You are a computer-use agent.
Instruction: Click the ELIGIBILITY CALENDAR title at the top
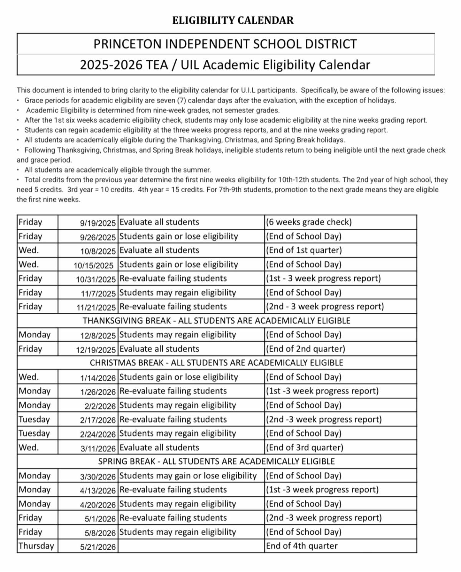(233, 20)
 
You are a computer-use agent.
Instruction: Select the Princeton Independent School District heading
(225, 44)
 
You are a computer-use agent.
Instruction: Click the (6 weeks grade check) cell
(309, 222)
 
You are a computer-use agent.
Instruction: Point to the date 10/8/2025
(98, 251)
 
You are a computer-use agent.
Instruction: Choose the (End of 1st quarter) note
(304, 250)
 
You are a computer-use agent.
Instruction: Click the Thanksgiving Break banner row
(216, 321)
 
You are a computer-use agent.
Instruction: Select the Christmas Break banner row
(216, 363)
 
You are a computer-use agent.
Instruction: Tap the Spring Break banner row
(216, 461)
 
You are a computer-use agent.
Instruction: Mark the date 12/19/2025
(96, 350)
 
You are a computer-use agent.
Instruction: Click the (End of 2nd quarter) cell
(306, 349)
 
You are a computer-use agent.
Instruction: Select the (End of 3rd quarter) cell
(305, 448)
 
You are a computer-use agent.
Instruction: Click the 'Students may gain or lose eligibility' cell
(188, 476)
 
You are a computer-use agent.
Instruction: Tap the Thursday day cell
(36, 546)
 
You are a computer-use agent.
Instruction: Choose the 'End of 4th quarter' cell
(302, 546)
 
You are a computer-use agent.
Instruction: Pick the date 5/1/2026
(100, 519)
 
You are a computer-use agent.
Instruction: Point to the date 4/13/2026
(98, 491)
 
